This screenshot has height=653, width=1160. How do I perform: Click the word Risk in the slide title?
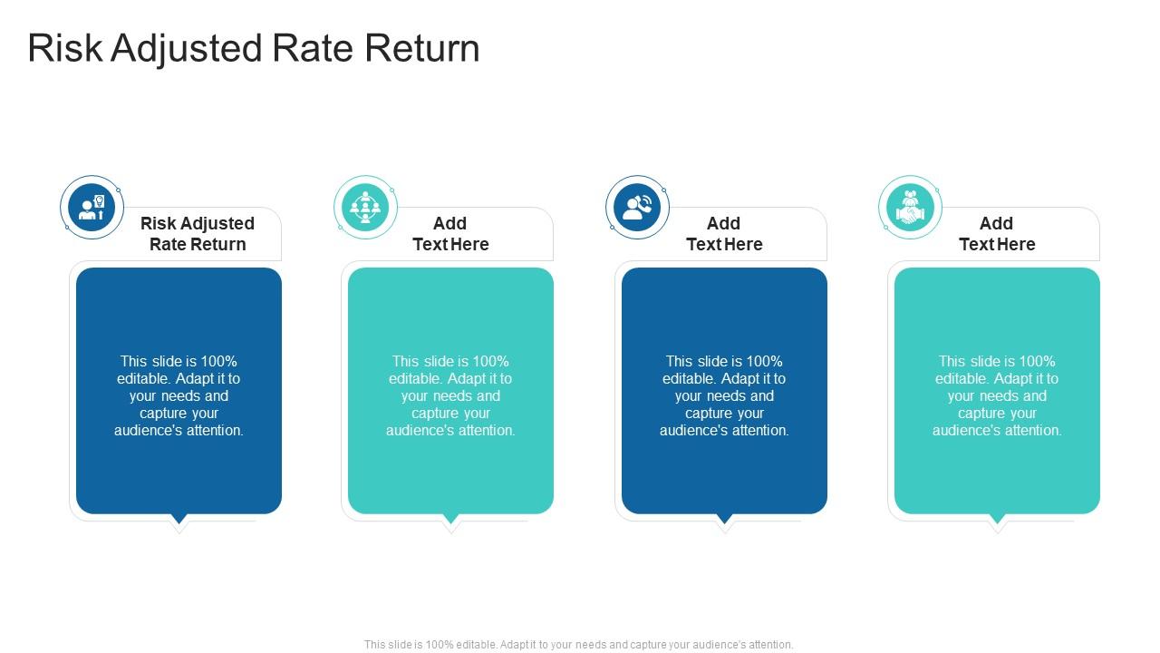[65, 49]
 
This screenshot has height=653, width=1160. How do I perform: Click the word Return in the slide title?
[422, 49]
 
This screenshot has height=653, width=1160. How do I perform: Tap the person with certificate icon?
[92, 208]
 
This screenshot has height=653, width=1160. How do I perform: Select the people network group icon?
[365, 208]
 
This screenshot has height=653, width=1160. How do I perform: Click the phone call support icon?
[637, 208]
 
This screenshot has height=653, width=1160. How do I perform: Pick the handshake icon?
[910, 208]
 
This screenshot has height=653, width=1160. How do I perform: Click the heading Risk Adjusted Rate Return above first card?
[198, 234]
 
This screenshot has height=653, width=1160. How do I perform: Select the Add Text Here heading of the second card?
[450, 234]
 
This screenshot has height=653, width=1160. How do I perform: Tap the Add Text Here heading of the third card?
[724, 234]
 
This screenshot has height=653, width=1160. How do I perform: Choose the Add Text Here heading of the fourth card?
[997, 234]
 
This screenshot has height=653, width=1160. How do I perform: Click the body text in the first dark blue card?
[179, 395]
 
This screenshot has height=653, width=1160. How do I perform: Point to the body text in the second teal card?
[450, 395]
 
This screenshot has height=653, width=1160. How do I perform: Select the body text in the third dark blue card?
[724, 395]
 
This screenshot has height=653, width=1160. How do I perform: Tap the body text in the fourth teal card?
[997, 395]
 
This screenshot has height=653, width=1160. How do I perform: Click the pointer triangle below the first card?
[179, 520]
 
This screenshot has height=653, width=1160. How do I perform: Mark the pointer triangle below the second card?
[451, 520]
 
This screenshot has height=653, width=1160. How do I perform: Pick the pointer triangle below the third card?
[725, 520]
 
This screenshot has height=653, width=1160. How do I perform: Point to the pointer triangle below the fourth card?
[998, 520]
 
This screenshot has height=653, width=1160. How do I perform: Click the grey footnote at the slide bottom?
[579, 645]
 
